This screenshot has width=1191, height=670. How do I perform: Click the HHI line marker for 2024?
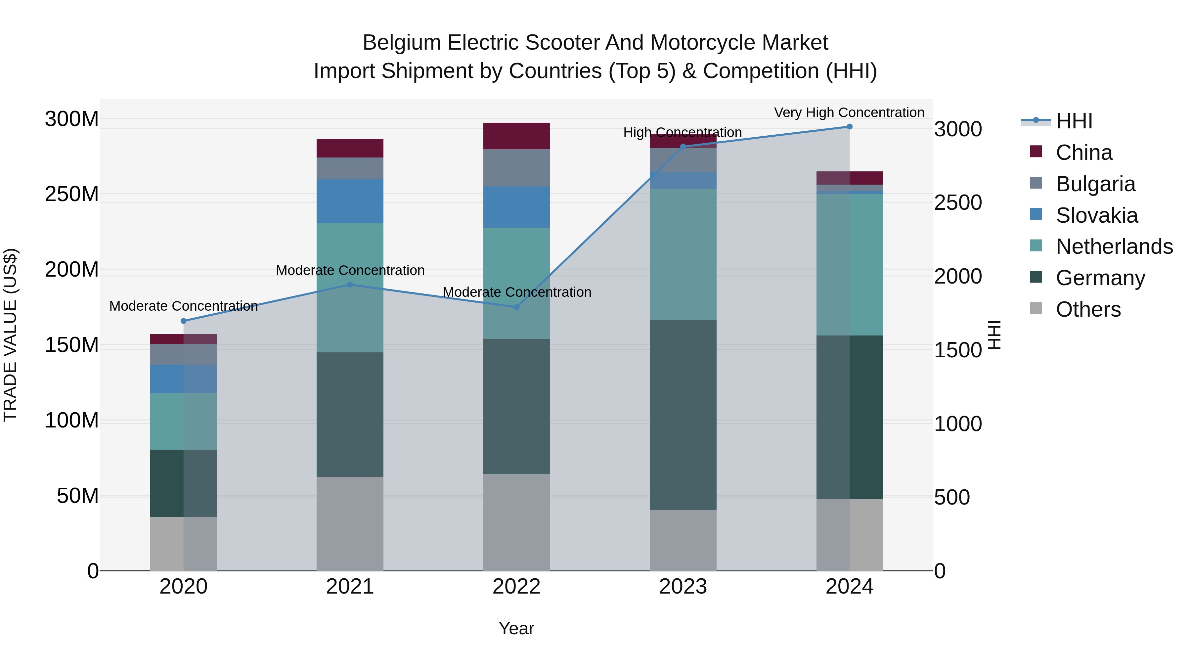pyautogui.click(x=849, y=127)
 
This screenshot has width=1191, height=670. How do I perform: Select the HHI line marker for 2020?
pyautogui.click(x=184, y=321)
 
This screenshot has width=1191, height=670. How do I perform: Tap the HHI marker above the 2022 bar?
pyautogui.click(x=516, y=307)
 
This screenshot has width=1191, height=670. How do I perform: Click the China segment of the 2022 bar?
pyautogui.click(x=516, y=136)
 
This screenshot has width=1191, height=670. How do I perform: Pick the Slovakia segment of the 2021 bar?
pyautogui.click(x=350, y=201)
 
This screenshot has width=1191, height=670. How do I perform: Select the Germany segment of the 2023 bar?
pyautogui.click(x=683, y=415)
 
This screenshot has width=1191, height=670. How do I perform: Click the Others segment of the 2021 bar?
pyautogui.click(x=350, y=523)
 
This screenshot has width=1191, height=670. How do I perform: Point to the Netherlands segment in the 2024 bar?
pyautogui.click(x=849, y=264)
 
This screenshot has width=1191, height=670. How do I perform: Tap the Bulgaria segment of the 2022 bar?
pyautogui.click(x=516, y=167)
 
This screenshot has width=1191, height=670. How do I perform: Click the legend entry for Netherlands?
pyautogui.click(x=1114, y=246)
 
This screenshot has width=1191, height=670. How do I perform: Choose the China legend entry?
pyautogui.click(x=1084, y=153)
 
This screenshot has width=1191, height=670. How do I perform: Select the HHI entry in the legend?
pyautogui.click(x=1074, y=121)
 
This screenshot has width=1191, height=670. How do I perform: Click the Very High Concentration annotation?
pyautogui.click(x=849, y=112)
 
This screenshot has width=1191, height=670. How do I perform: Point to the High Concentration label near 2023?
pyautogui.click(x=683, y=132)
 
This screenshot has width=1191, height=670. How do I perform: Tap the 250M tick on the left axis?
pyautogui.click(x=72, y=194)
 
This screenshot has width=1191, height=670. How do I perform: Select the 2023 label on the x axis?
pyautogui.click(x=683, y=587)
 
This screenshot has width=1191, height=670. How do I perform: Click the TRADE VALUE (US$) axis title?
pyautogui.click(x=10, y=335)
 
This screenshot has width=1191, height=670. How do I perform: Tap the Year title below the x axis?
pyautogui.click(x=516, y=628)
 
